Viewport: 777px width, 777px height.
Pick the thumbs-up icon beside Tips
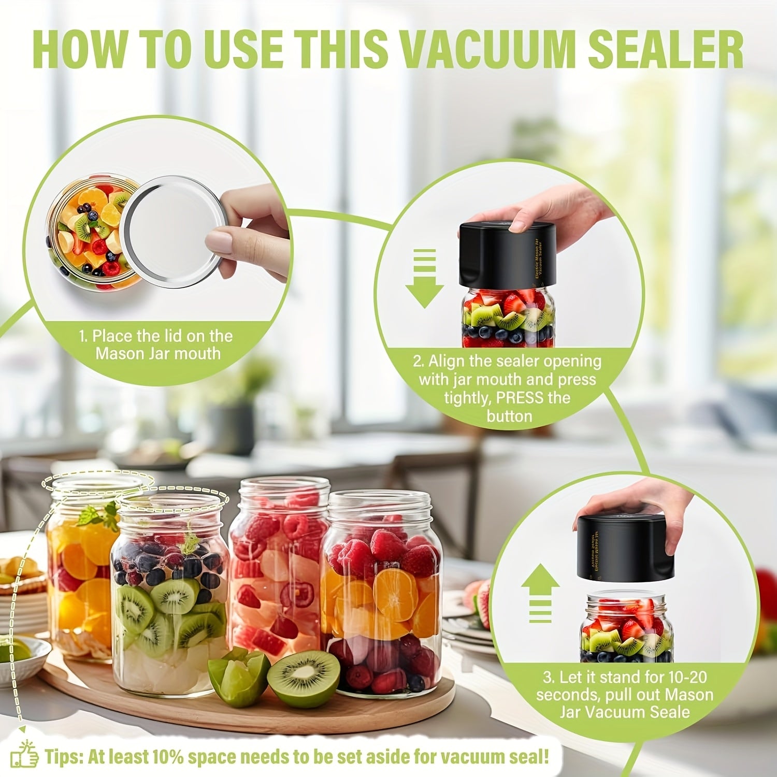click(25, 757)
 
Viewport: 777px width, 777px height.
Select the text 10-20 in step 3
click(683, 677)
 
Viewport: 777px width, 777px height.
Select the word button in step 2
click(509, 416)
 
